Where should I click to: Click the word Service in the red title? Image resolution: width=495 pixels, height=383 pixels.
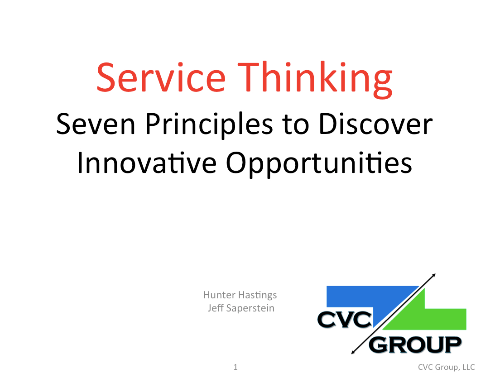tap(161, 77)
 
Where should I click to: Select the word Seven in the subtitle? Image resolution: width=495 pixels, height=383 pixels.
tap(96, 124)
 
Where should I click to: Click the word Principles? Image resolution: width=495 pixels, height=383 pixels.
tap(209, 125)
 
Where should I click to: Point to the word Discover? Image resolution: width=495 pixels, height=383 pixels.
tap(376, 124)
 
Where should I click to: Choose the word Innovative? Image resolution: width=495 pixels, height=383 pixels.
tap(147, 163)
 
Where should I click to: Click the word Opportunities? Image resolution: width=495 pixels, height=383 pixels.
tap(319, 164)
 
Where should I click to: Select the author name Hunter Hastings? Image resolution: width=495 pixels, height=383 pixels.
tap(240, 295)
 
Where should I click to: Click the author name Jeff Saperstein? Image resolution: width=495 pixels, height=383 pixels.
tap(241, 308)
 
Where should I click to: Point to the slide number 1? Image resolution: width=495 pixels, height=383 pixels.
tap(235, 367)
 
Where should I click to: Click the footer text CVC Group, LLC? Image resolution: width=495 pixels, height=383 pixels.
tap(447, 367)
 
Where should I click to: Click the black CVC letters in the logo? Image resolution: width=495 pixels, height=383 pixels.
tap(345, 320)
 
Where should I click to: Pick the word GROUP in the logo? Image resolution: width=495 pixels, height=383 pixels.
tap(415, 345)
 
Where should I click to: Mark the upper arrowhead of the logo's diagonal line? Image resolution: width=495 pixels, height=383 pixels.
tap(434, 275)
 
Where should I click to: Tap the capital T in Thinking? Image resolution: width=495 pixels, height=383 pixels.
tap(250, 77)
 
